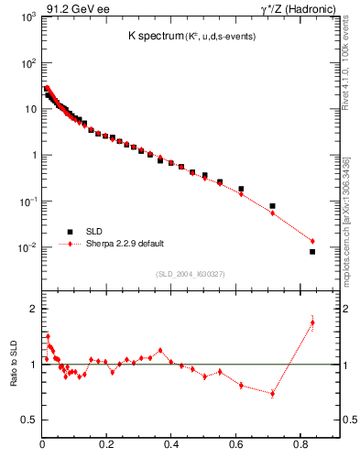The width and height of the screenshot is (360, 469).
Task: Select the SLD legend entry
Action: [93, 232]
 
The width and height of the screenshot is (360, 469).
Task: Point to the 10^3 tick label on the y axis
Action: [28, 17]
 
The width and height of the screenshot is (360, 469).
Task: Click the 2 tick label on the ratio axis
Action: [33, 309]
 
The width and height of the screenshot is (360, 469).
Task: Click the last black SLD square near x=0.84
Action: [312, 252]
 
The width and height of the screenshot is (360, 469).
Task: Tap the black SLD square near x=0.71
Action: [272, 206]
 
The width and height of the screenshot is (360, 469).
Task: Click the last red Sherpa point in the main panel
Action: [312, 241]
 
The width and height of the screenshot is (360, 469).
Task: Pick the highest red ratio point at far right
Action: [312, 322]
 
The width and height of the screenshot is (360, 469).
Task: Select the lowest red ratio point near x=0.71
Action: [272, 394]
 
